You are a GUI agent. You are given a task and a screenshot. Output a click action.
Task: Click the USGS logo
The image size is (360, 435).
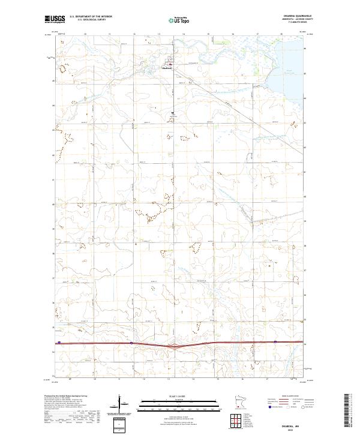tap(55, 20)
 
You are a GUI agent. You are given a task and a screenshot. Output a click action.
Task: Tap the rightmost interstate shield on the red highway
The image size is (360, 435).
tap(275, 342)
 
